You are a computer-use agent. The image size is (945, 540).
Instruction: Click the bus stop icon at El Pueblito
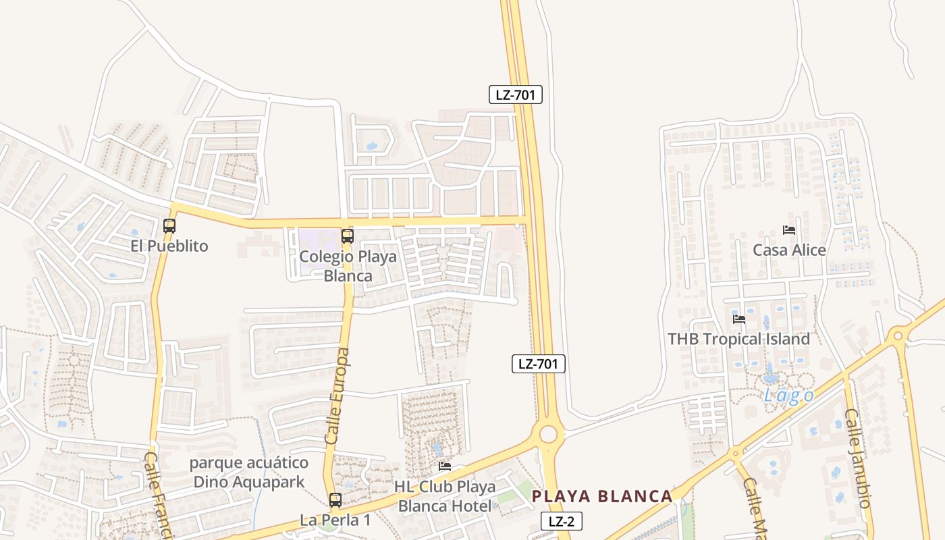pos(169,226)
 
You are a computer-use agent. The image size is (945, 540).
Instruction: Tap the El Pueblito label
pos(169,246)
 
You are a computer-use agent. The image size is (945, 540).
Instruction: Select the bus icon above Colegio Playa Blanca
pos(348,236)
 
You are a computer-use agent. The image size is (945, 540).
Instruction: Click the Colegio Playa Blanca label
pos(348,266)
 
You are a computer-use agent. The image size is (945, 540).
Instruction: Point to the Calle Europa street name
pos(337,396)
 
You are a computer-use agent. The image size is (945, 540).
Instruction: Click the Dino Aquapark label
pos(249,473)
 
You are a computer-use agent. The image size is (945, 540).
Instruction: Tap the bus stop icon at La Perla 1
pos(335,500)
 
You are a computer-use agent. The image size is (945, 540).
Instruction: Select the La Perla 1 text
pos(335,520)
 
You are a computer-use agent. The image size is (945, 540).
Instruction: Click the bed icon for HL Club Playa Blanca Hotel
pos(445,466)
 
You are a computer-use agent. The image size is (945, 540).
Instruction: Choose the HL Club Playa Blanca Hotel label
pos(446,496)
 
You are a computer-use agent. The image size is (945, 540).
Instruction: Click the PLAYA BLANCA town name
pos(602,497)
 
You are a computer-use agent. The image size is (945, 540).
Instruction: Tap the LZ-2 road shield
pos(561,521)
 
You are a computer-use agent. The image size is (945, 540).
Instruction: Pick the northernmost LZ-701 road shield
pos(515,94)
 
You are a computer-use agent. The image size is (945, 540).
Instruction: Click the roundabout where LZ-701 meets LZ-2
pos(548,434)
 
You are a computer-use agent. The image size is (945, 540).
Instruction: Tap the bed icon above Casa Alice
pos(789,230)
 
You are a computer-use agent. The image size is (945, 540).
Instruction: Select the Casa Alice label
pos(789,250)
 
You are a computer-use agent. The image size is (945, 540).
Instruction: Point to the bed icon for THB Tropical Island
pos(739,319)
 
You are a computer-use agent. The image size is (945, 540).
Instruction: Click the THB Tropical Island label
pos(738,339)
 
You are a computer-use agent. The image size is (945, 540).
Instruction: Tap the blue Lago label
pos(788,396)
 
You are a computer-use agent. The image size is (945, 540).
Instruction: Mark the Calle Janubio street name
pos(858,458)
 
